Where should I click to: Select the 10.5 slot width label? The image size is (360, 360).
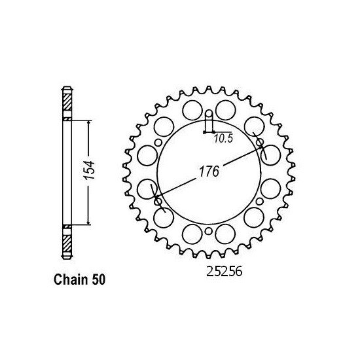(x=220, y=137)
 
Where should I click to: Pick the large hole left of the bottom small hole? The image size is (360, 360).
(x=192, y=232)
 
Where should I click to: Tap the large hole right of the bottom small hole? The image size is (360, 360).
(x=225, y=232)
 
